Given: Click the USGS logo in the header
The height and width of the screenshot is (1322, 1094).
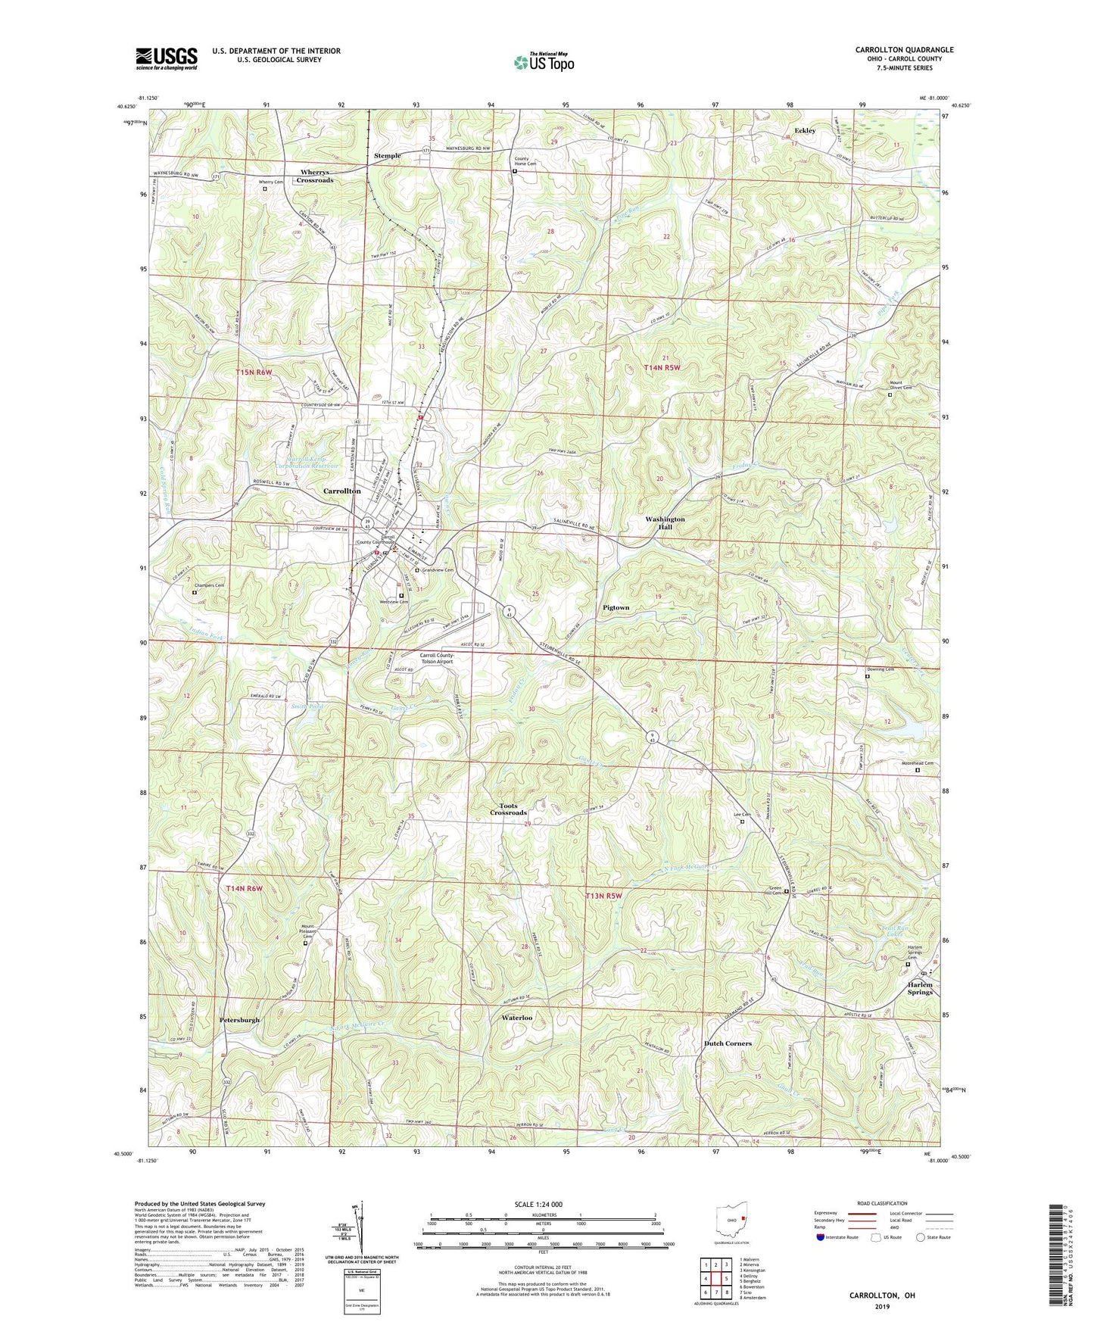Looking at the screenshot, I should pyautogui.click(x=167, y=58).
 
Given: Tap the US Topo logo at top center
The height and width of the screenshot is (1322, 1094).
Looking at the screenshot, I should pyautogui.click(x=543, y=62).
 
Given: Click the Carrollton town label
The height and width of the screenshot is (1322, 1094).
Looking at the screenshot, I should pyautogui.click(x=342, y=491).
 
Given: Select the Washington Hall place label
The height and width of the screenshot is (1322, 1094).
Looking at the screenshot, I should pyautogui.click(x=665, y=522).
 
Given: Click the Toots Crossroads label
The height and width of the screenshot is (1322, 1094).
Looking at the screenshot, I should pyautogui.click(x=507, y=809).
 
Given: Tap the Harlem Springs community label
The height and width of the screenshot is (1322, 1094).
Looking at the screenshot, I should pyautogui.click(x=920, y=988).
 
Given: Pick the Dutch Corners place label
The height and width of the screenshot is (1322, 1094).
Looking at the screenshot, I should pyautogui.click(x=728, y=1043).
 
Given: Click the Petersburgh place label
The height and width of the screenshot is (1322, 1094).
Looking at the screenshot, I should pyautogui.click(x=239, y=1020).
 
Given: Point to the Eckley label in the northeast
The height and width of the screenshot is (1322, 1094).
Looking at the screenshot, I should pyautogui.click(x=805, y=130).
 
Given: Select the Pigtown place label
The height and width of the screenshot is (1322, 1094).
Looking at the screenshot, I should pyautogui.click(x=616, y=607).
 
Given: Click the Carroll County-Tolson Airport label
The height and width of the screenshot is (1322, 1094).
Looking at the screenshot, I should pyautogui.click(x=436, y=658).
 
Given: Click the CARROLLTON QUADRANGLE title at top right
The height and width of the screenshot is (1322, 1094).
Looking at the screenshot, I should pyautogui.click(x=904, y=50).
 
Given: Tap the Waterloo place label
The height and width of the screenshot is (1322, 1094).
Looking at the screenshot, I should pyautogui.click(x=516, y=1018).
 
